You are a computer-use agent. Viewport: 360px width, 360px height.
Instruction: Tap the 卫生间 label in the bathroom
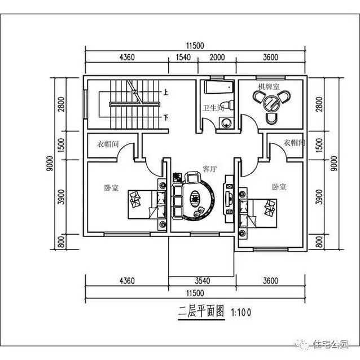coord(214,107)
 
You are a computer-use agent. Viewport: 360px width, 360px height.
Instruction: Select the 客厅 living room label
coord(210,169)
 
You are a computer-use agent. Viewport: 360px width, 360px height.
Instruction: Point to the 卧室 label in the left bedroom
coord(111,188)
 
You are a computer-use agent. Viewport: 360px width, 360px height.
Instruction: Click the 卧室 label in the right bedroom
coord(278,186)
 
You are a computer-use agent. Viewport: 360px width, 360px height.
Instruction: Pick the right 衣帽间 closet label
coord(295,143)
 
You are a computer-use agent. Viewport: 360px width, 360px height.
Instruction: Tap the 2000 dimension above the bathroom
coord(217,57)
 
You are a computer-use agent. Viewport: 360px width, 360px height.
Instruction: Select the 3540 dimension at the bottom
coord(201,280)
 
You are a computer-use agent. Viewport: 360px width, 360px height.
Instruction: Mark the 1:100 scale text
coord(240,312)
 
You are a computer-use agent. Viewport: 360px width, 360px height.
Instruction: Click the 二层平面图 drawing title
coord(201,311)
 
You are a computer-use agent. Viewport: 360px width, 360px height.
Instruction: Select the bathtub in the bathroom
coord(217,87)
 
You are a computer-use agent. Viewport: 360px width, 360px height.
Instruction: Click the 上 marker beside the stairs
coord(166,91)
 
